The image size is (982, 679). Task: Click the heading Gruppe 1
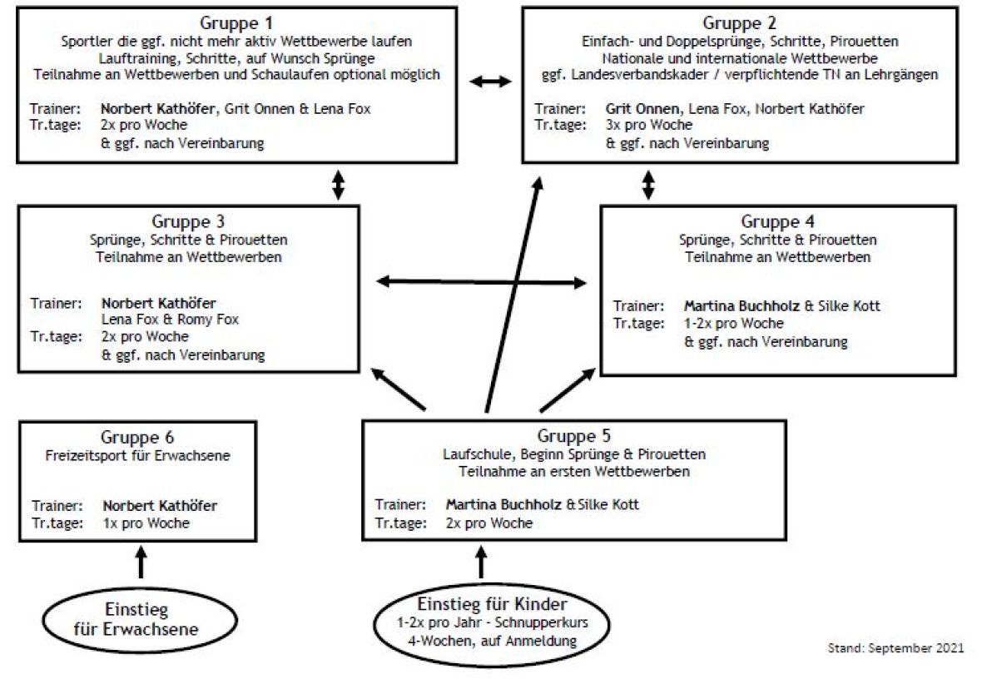236,23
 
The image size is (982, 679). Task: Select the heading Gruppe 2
740,23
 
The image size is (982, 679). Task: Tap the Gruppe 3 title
188,221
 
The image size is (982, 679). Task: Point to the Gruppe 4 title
778,221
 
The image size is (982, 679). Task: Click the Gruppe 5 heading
573,436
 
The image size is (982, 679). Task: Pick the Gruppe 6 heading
137,437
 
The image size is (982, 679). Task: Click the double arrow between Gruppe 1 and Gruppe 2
490,81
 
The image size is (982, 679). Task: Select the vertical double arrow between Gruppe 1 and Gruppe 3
338,185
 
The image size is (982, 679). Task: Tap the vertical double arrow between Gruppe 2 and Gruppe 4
648,185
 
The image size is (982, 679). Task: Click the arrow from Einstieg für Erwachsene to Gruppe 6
141,562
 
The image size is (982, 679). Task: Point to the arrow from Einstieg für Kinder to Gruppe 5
481,562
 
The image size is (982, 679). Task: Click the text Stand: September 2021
895,648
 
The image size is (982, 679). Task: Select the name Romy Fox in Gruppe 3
208,320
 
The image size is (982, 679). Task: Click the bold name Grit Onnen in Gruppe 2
642,108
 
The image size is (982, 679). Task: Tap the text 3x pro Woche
649,125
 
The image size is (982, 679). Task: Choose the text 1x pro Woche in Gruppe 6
146,523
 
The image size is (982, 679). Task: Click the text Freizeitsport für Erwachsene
138,455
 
